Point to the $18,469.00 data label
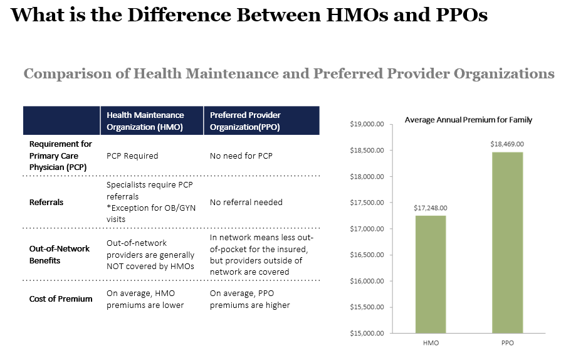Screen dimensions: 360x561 pyautogui.click(x=506, y=144)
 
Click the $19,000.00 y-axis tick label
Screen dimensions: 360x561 pyautogui.click(x=367, y=124)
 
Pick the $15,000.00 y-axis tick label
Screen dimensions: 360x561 pyautogui.click(x=367, y=333)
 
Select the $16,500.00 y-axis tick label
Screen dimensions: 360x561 pyautogui.click(x=367, y=255)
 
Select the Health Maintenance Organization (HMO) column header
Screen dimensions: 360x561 pyautogui.click(x=145, y=120)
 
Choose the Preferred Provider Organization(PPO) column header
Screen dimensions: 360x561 pyautogui.click(x=245, y=120)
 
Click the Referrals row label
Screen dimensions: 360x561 pyautogui.click(x=46, y=203)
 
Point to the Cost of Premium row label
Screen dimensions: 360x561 pyautogui.click(x=61, y=299)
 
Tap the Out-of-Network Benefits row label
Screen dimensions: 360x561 pyautogui.click(x=60, y=254)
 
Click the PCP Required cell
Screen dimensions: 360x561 pyautogui.click(x=132, y=156)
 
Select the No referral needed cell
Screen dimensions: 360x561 pyautogui.click(x=246, y=203)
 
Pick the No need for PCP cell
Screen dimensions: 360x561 pyautogui.click(x=241, y=156)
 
